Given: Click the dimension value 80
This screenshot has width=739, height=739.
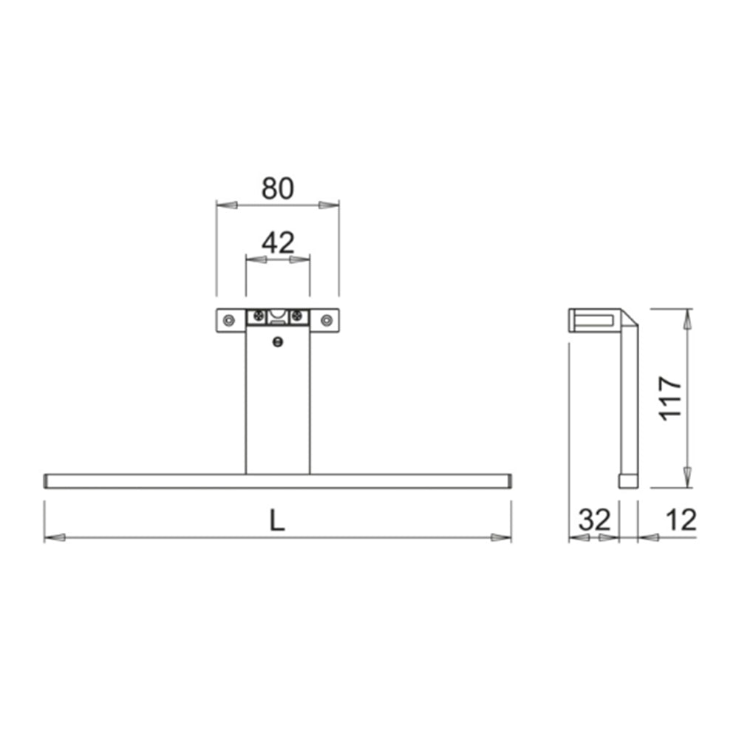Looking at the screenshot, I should coord(277,189).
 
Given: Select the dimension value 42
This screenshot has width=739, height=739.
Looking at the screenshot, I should coord(278,242).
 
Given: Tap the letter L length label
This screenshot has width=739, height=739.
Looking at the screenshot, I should coord(276,522).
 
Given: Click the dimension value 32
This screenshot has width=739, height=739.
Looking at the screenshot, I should coord(594,520).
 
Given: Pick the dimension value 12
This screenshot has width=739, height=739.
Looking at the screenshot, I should coord(680,520).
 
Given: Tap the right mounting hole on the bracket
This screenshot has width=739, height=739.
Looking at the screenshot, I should coord(326,319).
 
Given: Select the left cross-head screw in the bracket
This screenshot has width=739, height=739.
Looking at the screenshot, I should coord(258,316).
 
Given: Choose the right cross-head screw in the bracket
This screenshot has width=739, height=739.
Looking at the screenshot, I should coord(298,316).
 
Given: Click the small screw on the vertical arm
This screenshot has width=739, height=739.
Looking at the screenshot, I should coord(278,341).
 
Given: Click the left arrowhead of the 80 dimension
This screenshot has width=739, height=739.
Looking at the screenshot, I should coord(226,204).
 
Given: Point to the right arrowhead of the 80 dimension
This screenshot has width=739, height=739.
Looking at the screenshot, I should coord(329,204).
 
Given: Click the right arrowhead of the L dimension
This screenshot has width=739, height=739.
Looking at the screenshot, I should coord(501,537).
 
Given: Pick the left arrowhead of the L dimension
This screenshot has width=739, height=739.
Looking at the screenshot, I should coord(55,537).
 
